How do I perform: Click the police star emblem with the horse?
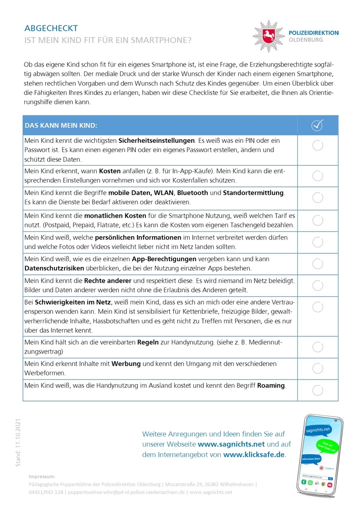(x=268, y=36)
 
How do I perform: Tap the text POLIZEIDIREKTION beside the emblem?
(x=314, y=33)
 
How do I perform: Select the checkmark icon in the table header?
(x=317, y=126)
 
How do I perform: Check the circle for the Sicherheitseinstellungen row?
(x=317, y=145)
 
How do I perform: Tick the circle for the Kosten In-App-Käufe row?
(x=317, y=176)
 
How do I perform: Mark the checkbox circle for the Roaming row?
(x=317, y=390)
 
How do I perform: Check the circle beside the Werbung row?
(x=317, y=368)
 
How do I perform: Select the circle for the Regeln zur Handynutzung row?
(x=317, y=347)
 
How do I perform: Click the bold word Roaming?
(x=271, y=385)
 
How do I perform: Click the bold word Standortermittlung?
(x=253, y=193)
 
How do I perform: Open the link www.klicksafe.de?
(x=254, y=454)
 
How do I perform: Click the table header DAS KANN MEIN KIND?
(x=61, y=126)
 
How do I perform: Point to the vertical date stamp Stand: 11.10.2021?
(x=18, y=442)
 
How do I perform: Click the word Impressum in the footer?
(x=42, y=476)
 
